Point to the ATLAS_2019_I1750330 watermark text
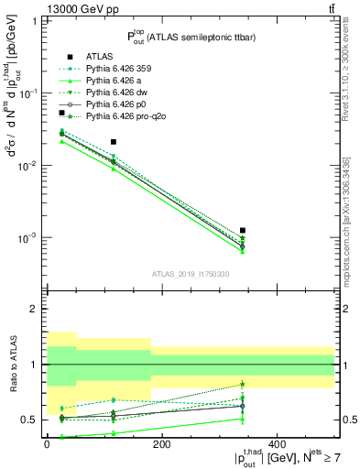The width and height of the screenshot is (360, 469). (190, 273)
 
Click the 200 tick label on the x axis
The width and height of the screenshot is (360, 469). (161, 443)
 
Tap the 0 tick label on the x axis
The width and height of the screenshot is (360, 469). (47, 443)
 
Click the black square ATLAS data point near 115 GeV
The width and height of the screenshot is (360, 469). (113, 142)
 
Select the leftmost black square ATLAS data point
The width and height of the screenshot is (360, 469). (61, 113)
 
